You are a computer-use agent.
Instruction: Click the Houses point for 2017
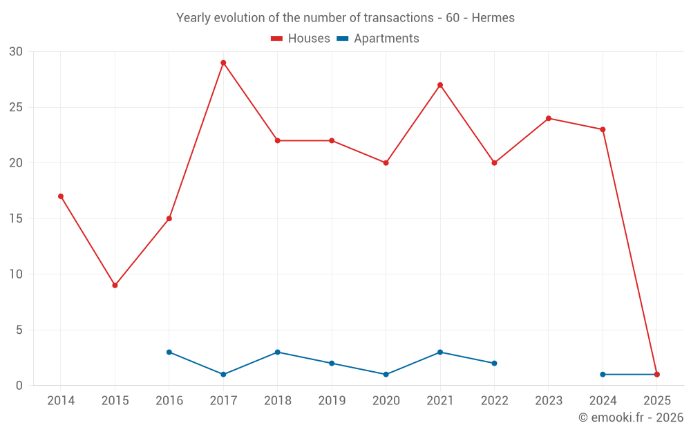click(223, 63)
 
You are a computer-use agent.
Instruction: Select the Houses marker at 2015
click(115, 285)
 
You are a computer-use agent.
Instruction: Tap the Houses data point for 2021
click(440, 85)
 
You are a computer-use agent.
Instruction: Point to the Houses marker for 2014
click(61, 196)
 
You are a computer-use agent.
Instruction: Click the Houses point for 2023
click(549, 118)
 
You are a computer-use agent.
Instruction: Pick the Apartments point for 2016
click(169, 352)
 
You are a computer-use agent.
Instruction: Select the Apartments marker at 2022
click(494, 364)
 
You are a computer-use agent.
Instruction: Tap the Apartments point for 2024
click(603, 375)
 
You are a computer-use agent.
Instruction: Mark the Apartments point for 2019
click(332, 364)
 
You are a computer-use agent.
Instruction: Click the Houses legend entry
click(300, 39)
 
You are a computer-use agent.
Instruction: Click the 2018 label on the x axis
click(277, 401)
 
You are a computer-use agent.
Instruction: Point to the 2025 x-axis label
click(656, 401)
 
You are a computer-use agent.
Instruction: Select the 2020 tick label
click(386, 401)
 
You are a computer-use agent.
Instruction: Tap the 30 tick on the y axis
click(16, 52)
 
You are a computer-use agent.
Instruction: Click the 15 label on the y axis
click(16, 219)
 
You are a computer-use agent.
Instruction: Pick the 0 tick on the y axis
click(19, 386)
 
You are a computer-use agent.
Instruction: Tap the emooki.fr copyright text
click(631, 417)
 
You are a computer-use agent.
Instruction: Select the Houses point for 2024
click(603, 129)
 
